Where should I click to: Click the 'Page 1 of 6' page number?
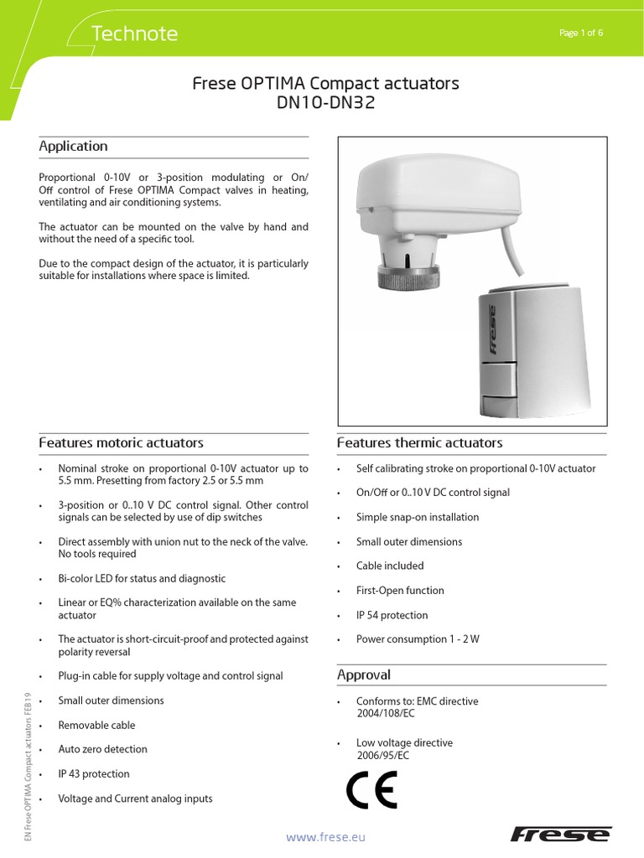coord(580,33)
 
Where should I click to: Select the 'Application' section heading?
coord(74,146)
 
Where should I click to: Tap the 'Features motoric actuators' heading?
coord(122,442)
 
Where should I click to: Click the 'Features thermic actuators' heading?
coord(419,442)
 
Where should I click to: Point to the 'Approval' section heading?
coord(364,675)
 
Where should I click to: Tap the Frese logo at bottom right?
coord(561,834)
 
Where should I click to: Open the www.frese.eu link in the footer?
coord(326,836)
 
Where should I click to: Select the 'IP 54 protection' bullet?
coord(392,615)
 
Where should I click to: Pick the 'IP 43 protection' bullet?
coord(94,774)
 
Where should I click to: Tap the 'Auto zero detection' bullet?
coord(102,749)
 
